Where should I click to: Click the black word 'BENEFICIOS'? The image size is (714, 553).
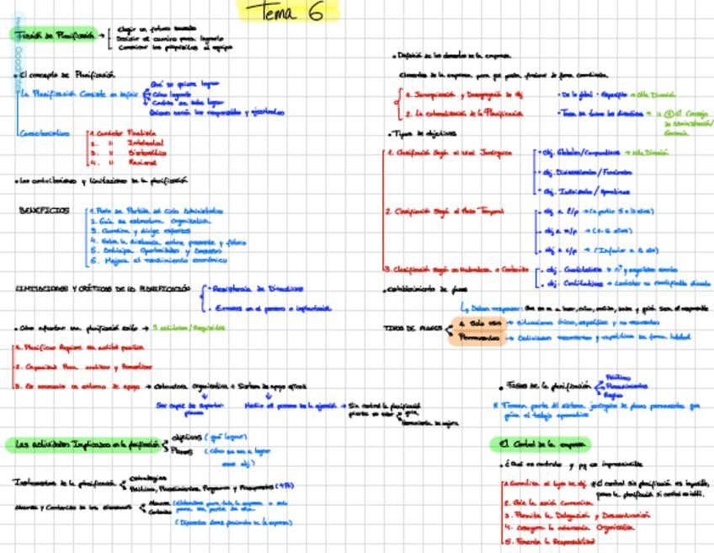tap(44, 211)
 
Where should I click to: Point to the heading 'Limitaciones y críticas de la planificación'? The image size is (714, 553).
tap(103, 288)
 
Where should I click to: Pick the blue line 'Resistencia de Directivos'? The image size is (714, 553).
tap(258, 288)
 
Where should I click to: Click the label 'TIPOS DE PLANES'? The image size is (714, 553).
tap(413, 328)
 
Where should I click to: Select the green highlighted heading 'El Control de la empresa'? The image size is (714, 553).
tap(540, 444)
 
